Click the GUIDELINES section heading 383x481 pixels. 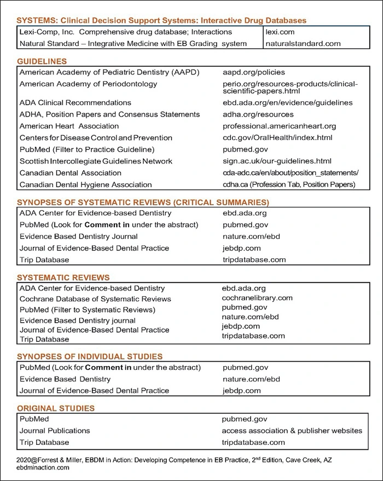coord(42,61)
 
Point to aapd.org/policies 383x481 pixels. coord(253,72)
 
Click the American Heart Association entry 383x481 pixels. coord(69,126)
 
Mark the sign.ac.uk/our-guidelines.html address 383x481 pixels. coord(277,161)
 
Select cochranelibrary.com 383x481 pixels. coord(257,298)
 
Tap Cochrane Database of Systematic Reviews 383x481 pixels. coord(95,299)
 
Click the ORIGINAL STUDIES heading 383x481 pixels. coord(56,408)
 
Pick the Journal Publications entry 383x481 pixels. coord(55,431)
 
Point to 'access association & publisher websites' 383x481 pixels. coord(292,431)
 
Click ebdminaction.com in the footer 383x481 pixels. coord(43,468)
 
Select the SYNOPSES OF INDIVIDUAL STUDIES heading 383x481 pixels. coord(90,356)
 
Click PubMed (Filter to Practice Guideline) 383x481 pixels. coord(87,149)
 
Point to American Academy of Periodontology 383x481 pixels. coord(88,84)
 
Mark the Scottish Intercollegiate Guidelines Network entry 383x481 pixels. coord(96,161)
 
